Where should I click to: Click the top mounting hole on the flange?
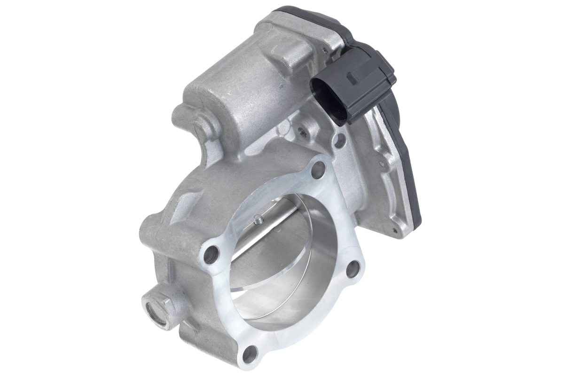pyautogui.click(x=318, y=169)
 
